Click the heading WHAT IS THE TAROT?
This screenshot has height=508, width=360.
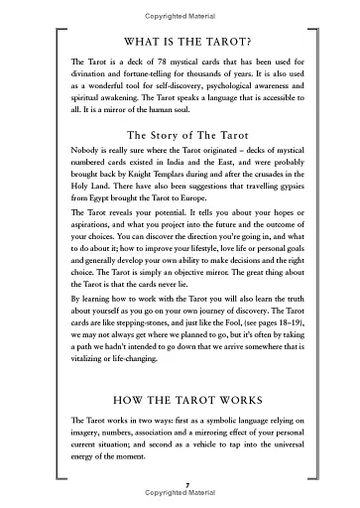(180, 43)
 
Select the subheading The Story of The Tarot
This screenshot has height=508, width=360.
(180, 136)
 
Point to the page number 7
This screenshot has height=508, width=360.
(180, 483)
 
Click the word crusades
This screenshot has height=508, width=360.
(280, 183)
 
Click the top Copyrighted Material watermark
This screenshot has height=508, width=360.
(180, 6)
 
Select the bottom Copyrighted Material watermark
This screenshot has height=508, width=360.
(180, 493)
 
